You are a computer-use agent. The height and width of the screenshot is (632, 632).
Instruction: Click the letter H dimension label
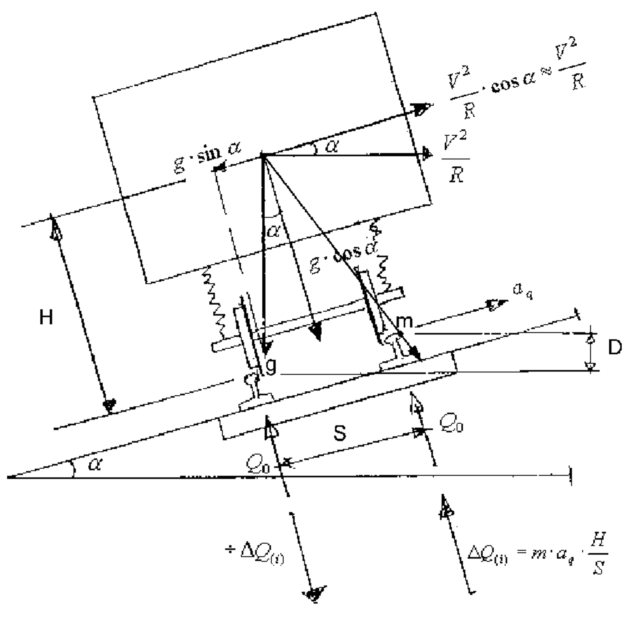pos(46,317)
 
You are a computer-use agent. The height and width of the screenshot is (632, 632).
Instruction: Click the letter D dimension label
pos(615,348)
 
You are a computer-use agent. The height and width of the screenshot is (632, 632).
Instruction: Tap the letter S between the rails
pos(340,433)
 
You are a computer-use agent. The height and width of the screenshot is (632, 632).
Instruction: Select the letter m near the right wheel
pos(404,322)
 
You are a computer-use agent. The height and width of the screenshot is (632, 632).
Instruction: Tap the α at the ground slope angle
pos(94,464)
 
